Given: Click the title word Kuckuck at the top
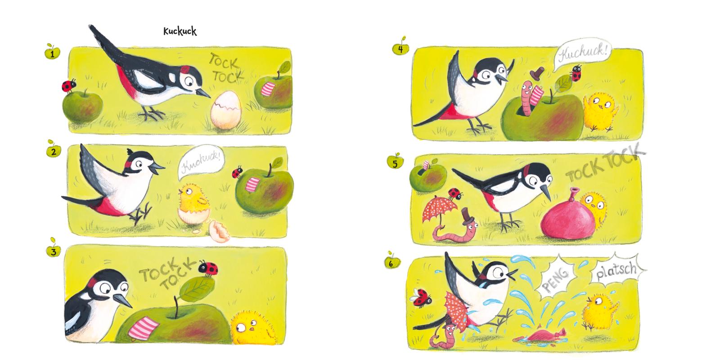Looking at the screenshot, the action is (x=180, y=31).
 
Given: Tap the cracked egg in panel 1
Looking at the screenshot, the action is (x=225, y=110).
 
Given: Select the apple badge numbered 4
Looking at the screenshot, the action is (x=400, y=48).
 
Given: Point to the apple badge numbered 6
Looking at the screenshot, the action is (x=392, y=262).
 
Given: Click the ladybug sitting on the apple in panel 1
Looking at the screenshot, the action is (x=69, y=86).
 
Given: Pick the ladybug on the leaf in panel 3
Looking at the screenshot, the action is (x=208, y=268).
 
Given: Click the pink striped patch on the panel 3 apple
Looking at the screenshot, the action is (x=144, y=327).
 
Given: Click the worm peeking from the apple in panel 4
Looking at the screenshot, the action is (x=527, y=98).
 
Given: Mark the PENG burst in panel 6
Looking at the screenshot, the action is (x=555, y=276).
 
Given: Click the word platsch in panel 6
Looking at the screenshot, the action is (x=616, y=270).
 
